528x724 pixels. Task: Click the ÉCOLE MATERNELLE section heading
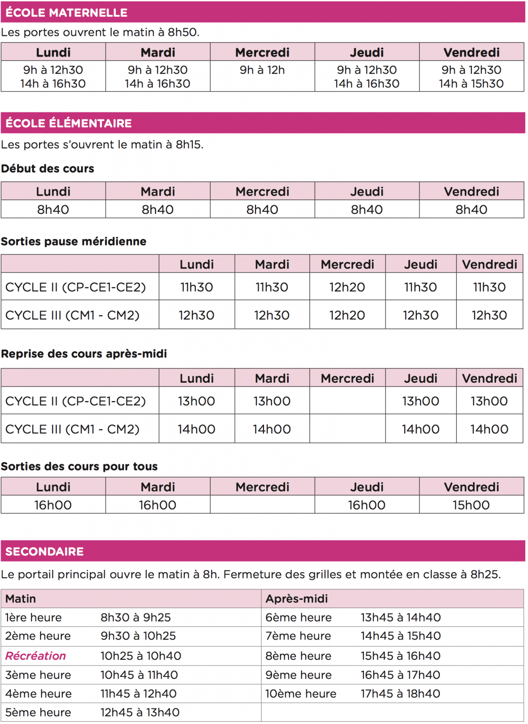click(66, 12)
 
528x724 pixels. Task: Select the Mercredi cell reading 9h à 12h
click(262, 70)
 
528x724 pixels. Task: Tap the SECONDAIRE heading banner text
click(44, 551)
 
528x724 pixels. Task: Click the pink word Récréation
click(35, 656)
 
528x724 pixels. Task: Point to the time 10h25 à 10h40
click(140, 656)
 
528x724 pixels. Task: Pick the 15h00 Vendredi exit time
click(471, 505)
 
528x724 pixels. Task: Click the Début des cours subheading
click(48, 169)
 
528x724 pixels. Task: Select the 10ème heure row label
click(301, 693)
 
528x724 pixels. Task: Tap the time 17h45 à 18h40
click(400, 693)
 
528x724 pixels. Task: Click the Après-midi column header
click(297, 599)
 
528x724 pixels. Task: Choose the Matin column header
click(21, 599)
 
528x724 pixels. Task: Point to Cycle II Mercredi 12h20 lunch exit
click(347, 287)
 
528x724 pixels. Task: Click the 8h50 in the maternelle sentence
click(183, 33)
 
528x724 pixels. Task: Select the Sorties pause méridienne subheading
click(74, 241)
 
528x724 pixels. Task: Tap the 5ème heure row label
click(38, 712)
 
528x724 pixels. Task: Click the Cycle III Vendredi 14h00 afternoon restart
click(489, 429)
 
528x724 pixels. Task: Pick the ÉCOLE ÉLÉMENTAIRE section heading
click(69, 123)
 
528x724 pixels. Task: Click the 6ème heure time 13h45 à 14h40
click(401, 617)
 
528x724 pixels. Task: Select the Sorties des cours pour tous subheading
click(79, 466)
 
